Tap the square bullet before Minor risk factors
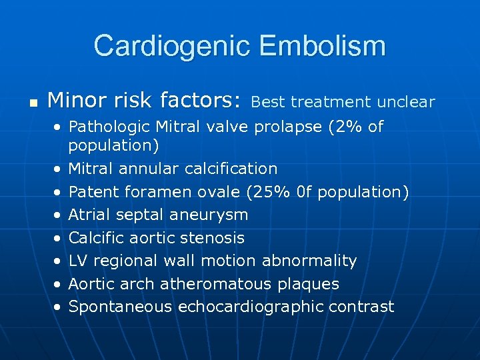point(33,103)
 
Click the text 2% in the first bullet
point(345,127)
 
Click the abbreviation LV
point(79,261)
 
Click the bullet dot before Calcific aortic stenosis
point(58,239)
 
